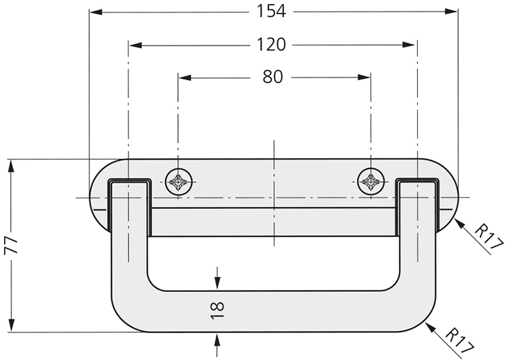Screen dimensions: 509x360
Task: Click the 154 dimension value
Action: tap(271, 11)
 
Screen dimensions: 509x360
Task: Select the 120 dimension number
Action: tap(271, 44)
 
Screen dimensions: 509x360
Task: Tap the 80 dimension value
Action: tap(273, 77)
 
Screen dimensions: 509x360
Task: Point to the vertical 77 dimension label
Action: tap(12, 245)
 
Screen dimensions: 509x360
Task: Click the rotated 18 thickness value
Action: tap(217, 310)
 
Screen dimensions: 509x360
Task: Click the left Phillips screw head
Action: tap(179, 181)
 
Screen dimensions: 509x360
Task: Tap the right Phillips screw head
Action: tap(371, 181)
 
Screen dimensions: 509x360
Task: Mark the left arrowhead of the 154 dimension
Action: tap(96, 12)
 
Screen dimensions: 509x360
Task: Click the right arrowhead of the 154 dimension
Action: tap(451, 12)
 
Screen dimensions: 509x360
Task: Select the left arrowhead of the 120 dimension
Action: tap(136, 45)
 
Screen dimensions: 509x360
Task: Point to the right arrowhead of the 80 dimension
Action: tap(364, 77)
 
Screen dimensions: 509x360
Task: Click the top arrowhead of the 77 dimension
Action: tap(12, 166)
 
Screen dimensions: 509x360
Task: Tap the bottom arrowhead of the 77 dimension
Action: tap(12, 325)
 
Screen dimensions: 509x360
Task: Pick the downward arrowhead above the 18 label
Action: tap(217, 283)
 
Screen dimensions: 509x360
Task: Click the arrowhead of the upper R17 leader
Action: tap(460, 224)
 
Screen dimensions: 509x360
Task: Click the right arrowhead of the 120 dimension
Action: tap(408, 45)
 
